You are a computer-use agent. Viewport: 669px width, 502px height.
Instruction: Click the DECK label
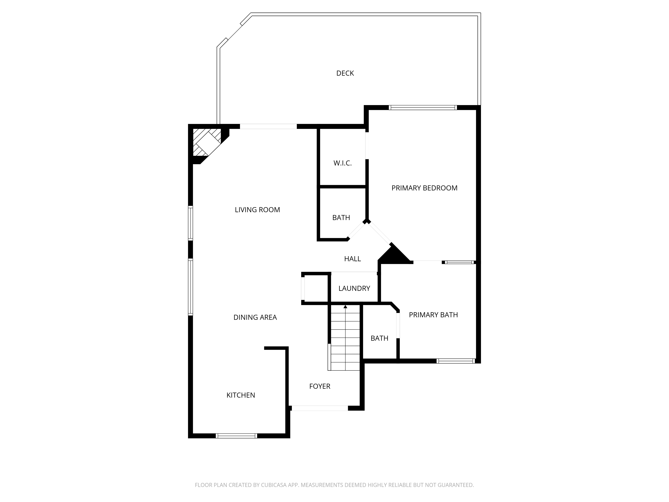(345, 73)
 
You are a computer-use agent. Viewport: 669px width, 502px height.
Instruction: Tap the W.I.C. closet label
(343, 163)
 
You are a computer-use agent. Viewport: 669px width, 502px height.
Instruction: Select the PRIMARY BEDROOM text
(424, 188)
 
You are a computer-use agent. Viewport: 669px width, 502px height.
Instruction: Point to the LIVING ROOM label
(257, 210)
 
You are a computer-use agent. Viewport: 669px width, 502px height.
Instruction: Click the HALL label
(353, 259)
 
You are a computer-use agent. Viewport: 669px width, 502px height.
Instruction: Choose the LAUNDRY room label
(354, 288)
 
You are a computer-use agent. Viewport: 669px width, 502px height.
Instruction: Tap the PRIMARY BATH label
(433, 315)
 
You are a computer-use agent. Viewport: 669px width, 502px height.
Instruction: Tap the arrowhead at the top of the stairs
(345, 307)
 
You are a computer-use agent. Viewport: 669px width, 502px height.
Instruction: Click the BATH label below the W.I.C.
(341, 218)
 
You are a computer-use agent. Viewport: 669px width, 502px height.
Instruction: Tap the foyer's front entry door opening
(320, 408)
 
